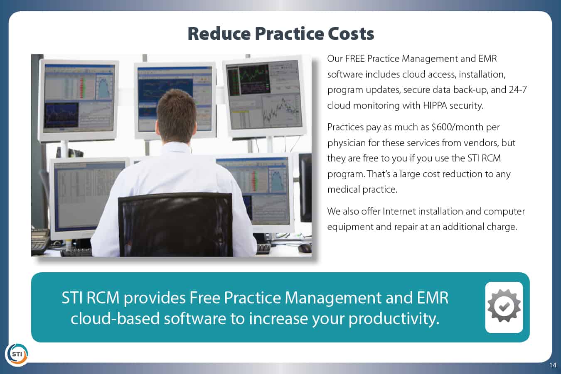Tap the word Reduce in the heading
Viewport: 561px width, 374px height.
219,34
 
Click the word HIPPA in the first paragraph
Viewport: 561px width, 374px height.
435,105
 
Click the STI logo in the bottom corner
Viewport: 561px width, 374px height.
17,354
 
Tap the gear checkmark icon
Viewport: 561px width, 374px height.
504,307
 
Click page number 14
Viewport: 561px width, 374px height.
553,365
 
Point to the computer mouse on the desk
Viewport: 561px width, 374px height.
305,248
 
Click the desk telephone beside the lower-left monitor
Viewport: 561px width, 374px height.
40,241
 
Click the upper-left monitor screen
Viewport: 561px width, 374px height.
79,99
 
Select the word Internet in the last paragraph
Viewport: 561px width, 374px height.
399,212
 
